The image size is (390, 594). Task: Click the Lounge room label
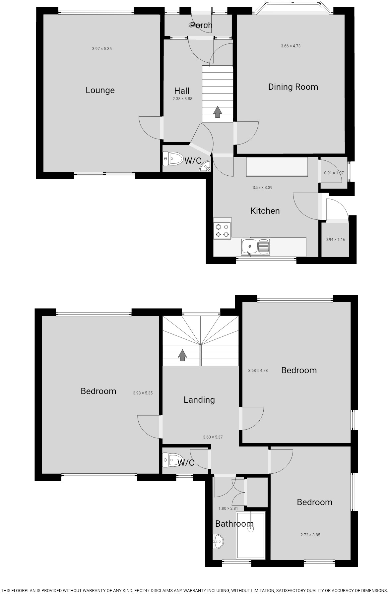tap(100, 90)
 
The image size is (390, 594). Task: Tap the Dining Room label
tap(293, 87)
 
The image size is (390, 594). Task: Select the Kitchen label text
tap(265, 211)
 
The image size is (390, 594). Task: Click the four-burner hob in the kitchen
tap(222, 230)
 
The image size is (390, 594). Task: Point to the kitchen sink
tap(255, 247)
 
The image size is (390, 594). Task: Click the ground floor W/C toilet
tap(173, 159)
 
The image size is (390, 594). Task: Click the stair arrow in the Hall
tap(217, 112)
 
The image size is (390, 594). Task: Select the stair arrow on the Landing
tap(182, 355)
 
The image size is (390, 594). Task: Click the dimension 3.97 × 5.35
tap(102, 49)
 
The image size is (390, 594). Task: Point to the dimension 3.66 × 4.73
tap(291, 46)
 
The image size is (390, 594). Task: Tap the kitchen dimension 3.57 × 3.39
tap(262, 188)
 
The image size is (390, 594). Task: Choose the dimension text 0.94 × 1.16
tap(335, 240)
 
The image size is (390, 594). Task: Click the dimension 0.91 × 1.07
tap(334, 173)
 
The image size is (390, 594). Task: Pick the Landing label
tap(199, 400)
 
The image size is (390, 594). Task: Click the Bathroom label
tap(234, 524)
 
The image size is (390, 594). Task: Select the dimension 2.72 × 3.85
tap(310, 535)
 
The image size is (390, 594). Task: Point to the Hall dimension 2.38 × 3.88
tap(182, 99)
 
